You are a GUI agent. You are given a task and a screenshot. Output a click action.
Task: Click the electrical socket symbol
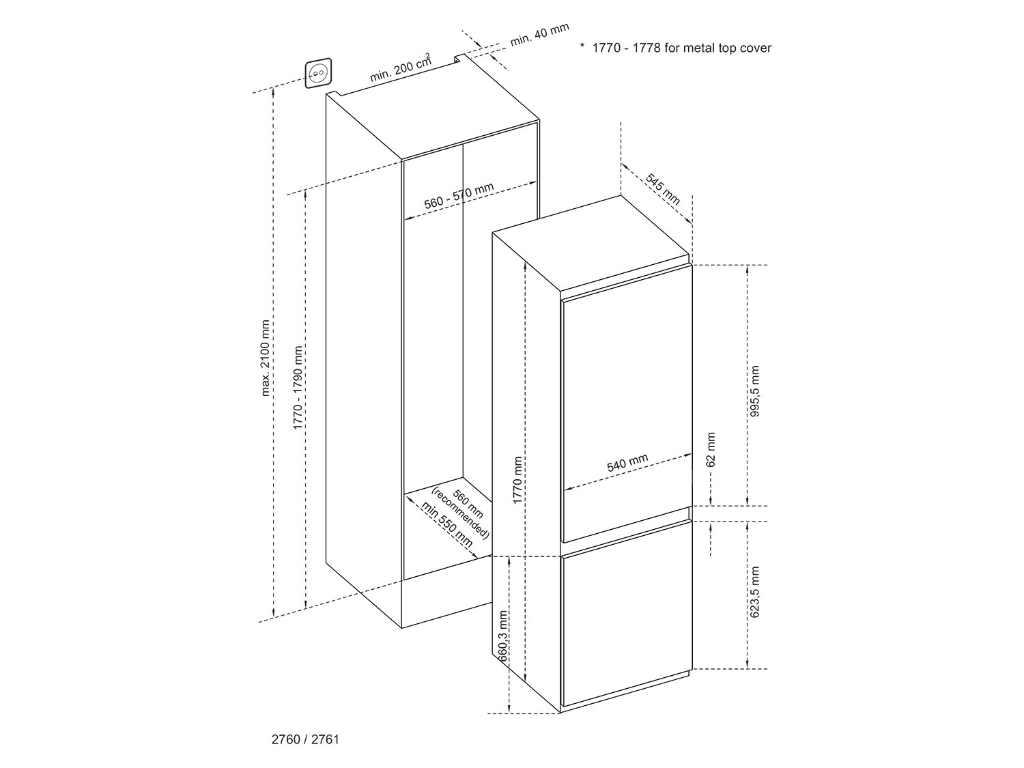(x=318, y=73)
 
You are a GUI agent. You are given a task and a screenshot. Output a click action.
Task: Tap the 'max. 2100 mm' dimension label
(x=265, y=358)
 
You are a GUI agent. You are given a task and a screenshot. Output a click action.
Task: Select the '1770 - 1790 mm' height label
(x=298, y=388)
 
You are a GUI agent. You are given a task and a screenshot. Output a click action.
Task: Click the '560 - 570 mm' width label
(x=459, y=196)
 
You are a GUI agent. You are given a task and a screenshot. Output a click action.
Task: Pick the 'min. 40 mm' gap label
(x=539, y=35)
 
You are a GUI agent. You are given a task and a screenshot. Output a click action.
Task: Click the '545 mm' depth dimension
(x=662, y=189)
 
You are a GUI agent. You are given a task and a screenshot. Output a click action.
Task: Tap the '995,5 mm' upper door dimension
(x=754, y=391)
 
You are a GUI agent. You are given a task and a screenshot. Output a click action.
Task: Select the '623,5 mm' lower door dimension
(x=754, y=592)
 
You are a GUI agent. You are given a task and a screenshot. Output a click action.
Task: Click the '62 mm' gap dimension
(x=711, y=449)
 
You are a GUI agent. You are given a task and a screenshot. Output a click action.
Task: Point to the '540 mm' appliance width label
(x=627, y=463)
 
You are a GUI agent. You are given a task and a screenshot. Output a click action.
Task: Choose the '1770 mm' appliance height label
(x=517, y=481)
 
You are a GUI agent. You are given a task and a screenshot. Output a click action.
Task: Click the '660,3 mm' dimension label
(x=503, y=636)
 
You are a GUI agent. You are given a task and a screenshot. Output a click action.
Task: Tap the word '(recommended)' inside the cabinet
(x=460, y=513)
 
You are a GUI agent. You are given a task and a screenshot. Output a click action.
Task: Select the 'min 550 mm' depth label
(x=446, y=524)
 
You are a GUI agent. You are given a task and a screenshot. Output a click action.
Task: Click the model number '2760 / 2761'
(x=305, y=739)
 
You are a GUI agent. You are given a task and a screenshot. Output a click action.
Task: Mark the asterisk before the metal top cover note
(x=582, y=46)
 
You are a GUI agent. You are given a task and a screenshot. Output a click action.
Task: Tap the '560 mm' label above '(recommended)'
(x=468, y=504)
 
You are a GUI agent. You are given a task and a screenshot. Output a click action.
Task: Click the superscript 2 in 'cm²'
(x=428, y=55)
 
